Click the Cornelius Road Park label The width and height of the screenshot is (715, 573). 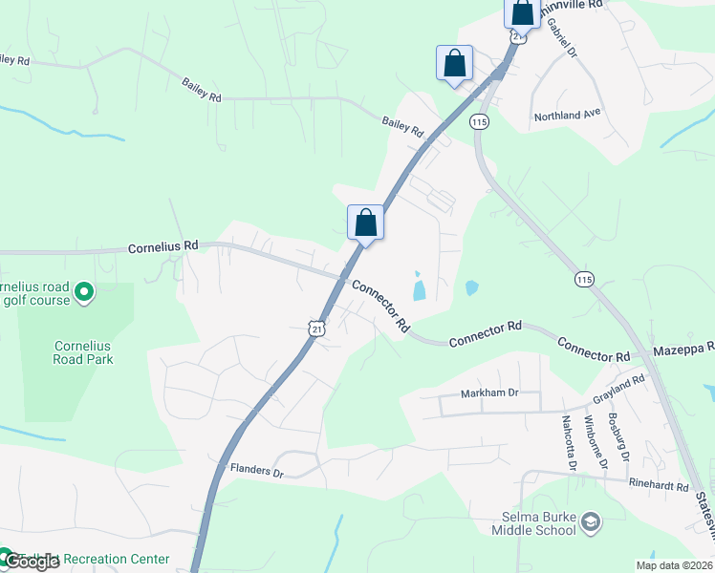pos(83,352)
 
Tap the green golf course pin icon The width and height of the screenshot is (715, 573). pos(83,290)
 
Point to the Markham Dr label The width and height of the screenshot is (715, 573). pos(489,393)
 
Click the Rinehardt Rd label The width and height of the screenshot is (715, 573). pos(659,486)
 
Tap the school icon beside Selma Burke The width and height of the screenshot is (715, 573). pos(591,521)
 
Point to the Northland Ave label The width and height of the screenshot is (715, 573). pos(568,115)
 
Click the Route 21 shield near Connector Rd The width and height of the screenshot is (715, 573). pos(316,328)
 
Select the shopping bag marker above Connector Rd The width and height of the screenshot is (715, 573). pos(364,223)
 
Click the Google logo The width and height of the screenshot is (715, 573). pos(32,562)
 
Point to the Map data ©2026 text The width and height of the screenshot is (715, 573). pos(674,565)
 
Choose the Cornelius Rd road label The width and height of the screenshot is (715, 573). pos(163,246)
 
